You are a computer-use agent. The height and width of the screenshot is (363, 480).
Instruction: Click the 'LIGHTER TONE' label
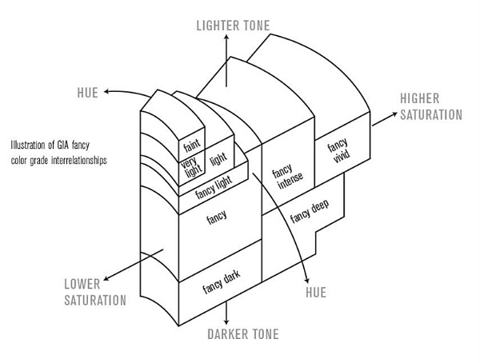(x=234, y=26)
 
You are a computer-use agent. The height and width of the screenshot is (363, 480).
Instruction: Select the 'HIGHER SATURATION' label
(x=431, y=106)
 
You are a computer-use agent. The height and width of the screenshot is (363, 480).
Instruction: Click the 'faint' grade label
(x=190, y=146)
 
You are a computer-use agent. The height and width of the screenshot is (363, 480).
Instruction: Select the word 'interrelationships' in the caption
(x=94, y=160)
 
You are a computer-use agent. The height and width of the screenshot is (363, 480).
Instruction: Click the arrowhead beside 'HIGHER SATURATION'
(x=393, y=116)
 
